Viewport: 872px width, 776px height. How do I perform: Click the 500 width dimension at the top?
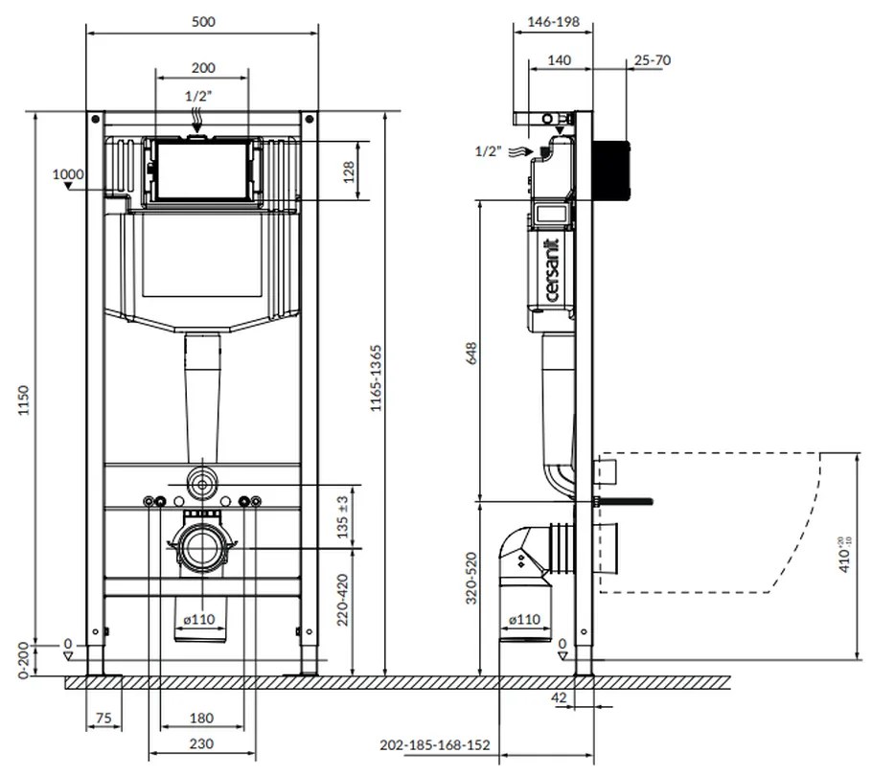202,20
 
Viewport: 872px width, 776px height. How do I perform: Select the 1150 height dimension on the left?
24,402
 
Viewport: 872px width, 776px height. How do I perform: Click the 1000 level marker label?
67,173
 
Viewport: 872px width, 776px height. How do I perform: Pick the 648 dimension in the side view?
470,353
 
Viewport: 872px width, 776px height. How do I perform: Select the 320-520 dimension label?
470,579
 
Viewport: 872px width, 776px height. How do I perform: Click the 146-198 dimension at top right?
554,20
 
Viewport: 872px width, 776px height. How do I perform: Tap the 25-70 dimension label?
652,60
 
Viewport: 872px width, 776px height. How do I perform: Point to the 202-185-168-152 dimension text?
434,744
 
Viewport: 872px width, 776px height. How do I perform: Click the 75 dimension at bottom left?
103,719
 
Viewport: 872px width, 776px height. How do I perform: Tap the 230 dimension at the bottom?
200,743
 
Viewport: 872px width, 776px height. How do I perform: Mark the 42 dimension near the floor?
561,697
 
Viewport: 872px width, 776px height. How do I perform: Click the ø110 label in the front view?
201,619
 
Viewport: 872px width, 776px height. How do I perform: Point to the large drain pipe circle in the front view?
201,548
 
